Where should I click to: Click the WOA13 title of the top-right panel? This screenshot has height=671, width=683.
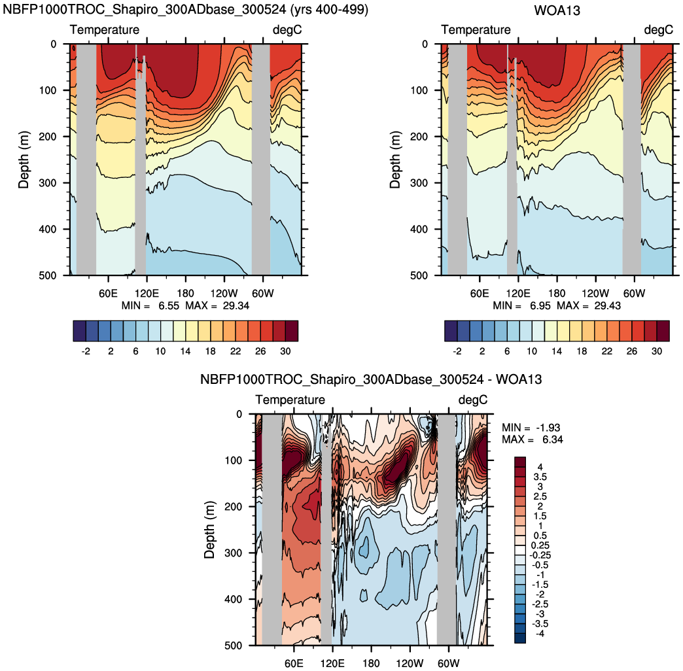click(x=557, y=10)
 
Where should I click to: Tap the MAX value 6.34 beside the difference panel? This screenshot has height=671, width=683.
click(x=550, y=439)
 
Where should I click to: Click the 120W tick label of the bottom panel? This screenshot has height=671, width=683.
click(x=410, y=662)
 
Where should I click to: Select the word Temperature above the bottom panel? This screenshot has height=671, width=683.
click(x=290, y=400)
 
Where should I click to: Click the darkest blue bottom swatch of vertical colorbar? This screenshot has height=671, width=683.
click(x=521, y=638)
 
